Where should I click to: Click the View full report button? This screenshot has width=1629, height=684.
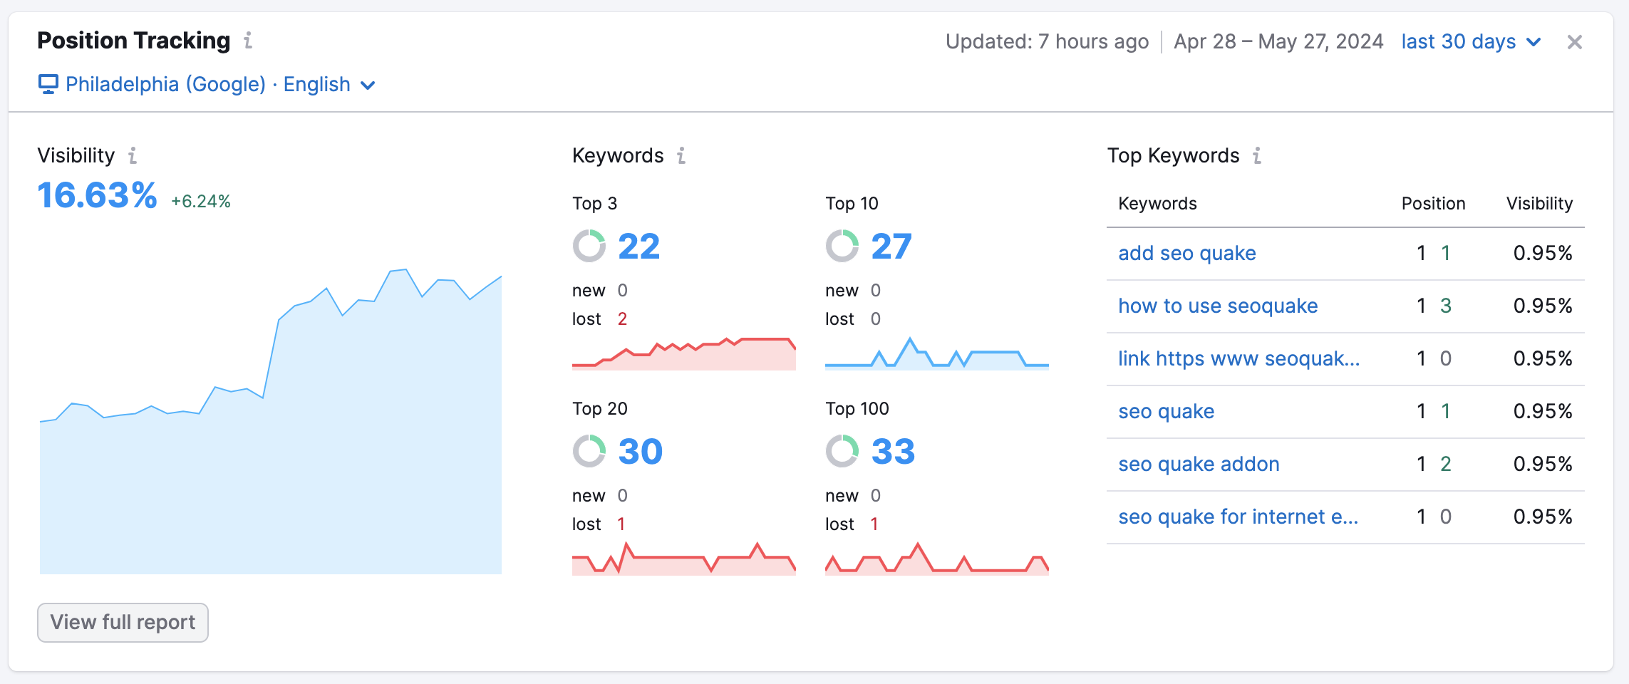(x=123, y=623)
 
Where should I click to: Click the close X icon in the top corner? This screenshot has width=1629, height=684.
(x=1574, y=43)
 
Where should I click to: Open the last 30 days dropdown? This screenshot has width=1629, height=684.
(x=1470, y=42)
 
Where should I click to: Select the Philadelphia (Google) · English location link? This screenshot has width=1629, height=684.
(x=207, y=85)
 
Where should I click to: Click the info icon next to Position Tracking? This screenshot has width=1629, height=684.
(x=248, y=41)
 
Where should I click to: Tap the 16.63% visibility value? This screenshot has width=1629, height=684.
(x=97, y=196)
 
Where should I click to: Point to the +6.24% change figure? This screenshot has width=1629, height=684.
(x=200, y=202)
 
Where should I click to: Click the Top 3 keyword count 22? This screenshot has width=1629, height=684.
(x=638, y=247)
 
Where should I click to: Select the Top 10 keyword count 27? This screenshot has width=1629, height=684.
(x=891, y=247)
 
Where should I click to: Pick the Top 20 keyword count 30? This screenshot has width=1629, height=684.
(x=640, y=452)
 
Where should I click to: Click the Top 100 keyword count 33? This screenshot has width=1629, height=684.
(x=893, y=452)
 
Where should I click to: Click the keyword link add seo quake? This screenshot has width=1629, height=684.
(x=1186, y=254)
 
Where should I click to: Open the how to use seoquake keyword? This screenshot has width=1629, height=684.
(x=1217, y=306)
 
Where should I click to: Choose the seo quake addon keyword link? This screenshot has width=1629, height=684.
(x=1199, y=465)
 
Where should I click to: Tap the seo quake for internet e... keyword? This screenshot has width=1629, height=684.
(x=1238, y=517)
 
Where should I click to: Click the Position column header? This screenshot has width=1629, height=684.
(x=1433, y=204)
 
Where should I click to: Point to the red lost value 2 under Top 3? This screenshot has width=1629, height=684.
(x=622, y=319)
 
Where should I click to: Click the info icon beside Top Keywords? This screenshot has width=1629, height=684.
(x=1257, y=156)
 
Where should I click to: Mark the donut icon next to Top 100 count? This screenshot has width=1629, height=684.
(x=842, y=452)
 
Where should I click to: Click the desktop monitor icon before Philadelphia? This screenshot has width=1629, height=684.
(x=48, y=85)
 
